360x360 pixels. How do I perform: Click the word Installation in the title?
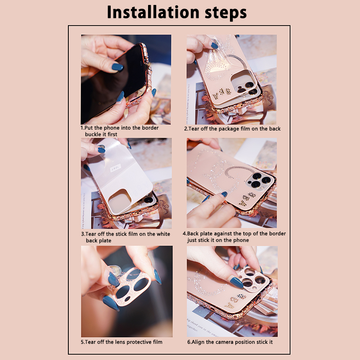pyautogui.click(x=153, y=12)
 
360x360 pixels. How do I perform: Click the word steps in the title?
pyautogui.click(x=226, y=13)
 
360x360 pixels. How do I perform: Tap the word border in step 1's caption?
pyautogui.click(x=150, y=128)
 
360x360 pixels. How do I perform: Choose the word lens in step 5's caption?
pyautogui.click(x=120, y=342)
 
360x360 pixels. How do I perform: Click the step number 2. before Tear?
pyautogui.click(x=186, y=129)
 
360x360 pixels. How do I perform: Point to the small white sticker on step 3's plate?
pyautogui.click(x=116, y=168)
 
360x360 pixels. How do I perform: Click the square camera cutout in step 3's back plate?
pyautogui.click(x=120, y=201)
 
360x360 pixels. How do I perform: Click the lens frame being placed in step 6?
pyautogui.click(x=254, y=279)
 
